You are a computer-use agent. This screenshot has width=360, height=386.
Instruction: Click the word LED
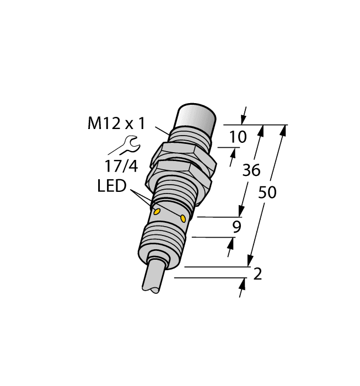tap(111, 186)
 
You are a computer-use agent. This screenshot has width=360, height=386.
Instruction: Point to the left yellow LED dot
tap(157, 211)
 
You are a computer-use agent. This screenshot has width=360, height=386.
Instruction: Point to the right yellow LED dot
tap(182, 218)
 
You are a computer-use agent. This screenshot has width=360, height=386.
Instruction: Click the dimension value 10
tap(238, 137)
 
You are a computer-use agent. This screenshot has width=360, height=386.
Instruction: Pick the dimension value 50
tap(267, 193)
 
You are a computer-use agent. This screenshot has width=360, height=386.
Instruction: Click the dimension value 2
tap(256, 274)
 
